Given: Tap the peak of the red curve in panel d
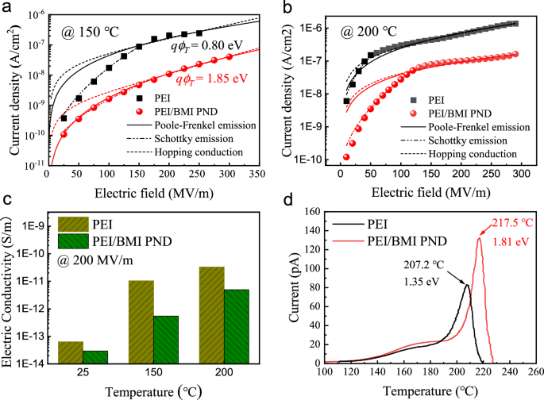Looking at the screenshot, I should point(480,238).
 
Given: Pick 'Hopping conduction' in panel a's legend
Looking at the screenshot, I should point(186,152).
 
